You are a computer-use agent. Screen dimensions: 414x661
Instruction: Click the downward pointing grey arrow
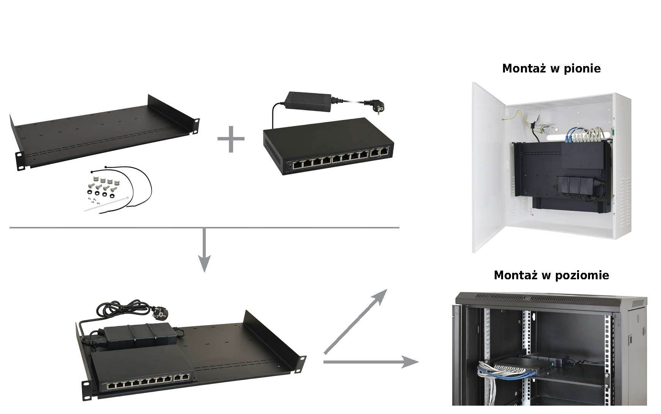(x=204, y=250)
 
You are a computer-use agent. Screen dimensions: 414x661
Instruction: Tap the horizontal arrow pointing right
(x=370, y=362)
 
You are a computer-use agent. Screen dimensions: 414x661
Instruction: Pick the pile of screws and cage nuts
(x=103, y=187)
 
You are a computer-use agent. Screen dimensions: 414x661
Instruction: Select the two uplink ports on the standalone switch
(x=380, y=152)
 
